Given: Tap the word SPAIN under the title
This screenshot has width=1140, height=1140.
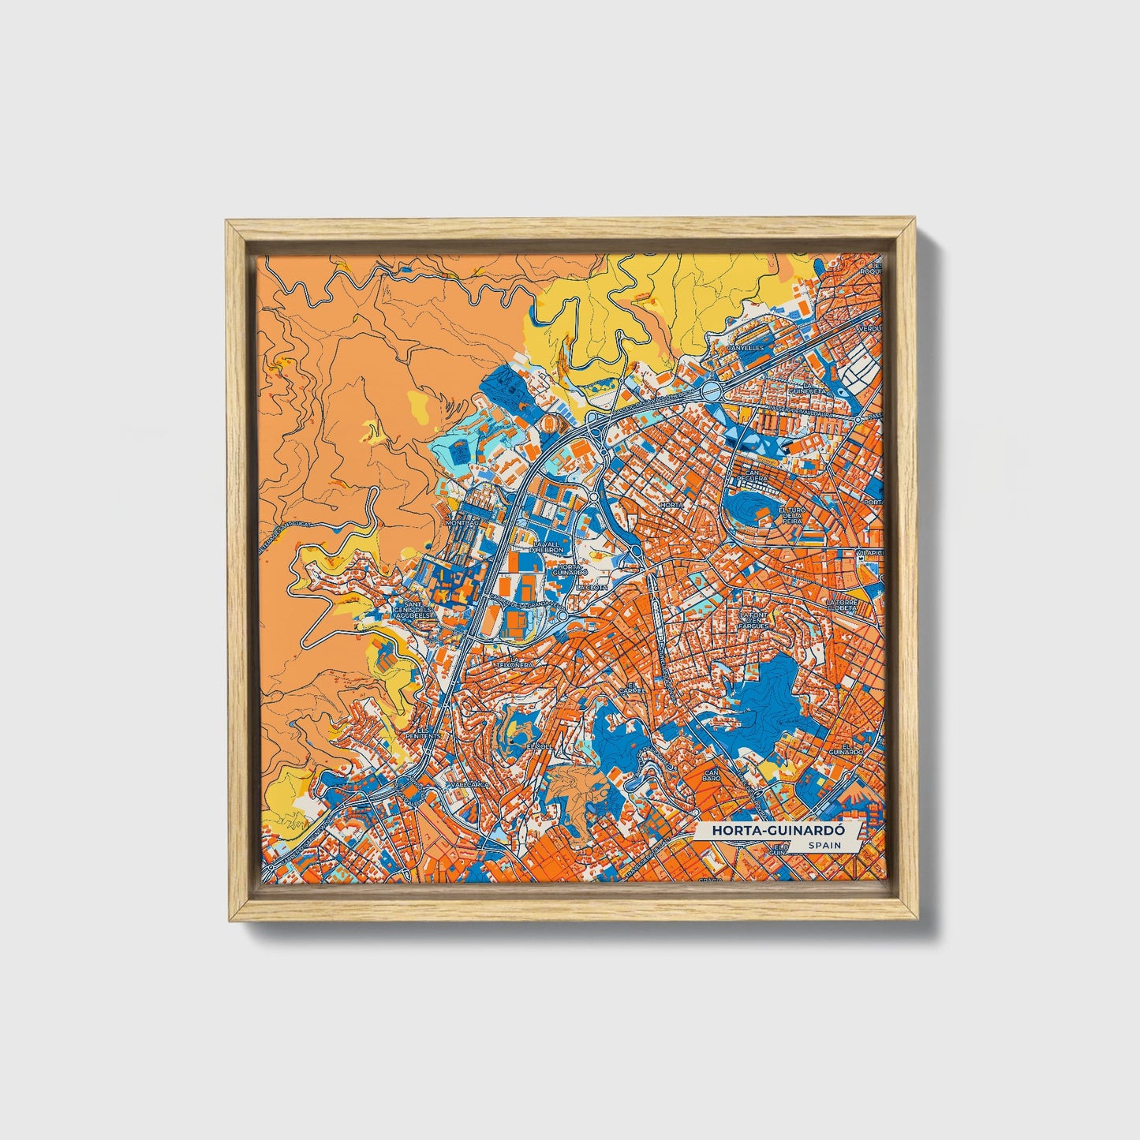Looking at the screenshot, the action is click(824, 846).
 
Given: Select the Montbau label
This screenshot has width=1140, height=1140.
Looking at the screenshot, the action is click(462, 523).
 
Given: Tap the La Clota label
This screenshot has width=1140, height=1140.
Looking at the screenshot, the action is click(589, 588).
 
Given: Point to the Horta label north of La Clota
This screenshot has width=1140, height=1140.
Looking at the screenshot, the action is click(672, 504).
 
